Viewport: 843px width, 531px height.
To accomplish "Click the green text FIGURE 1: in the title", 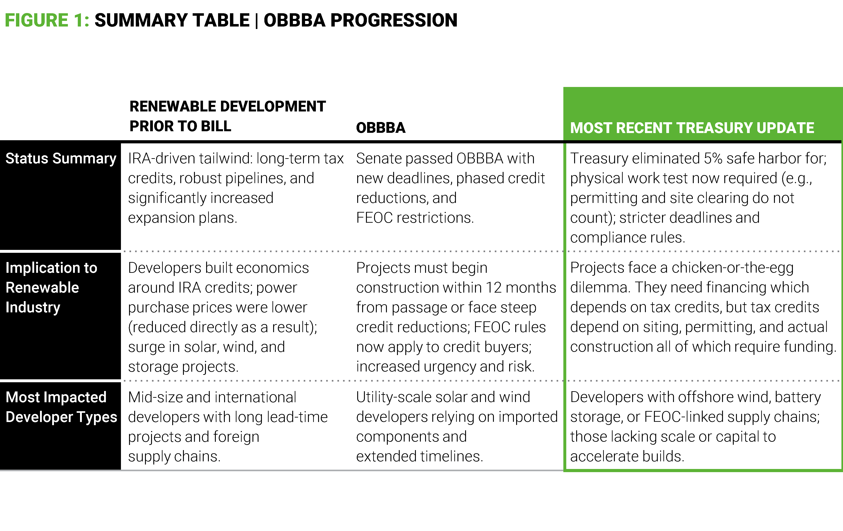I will click(47, 20).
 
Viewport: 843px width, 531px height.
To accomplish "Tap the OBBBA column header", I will click(381, 128).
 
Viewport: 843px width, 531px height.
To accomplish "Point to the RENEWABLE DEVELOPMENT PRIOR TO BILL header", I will click(227, 116).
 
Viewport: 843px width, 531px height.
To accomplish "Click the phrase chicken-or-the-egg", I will click(732, 268).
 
